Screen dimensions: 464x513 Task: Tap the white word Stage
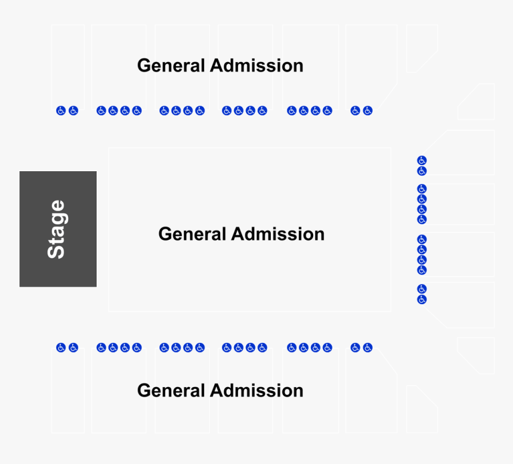(x=57, y=230)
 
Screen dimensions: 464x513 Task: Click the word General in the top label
(x=171, y=66)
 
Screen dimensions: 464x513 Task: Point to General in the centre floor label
(x=192, y=234)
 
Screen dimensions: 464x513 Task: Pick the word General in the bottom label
(x=171, y=391)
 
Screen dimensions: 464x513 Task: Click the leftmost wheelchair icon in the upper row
(x=61, y=110)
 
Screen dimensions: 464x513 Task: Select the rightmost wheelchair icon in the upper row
(x=367, y=110)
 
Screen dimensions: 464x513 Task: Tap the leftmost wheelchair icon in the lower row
(x=61, y=348)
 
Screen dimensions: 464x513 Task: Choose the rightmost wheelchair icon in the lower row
(x=367, y=348)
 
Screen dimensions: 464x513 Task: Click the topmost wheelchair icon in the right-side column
(x=422, y=160)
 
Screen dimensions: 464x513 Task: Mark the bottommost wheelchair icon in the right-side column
(x=422, y=299)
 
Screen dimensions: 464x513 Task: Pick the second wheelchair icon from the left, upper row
(x=73, y=110)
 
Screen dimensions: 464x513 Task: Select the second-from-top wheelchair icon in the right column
(x=422, y=171)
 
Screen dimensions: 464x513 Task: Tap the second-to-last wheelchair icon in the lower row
(x=356, y=348)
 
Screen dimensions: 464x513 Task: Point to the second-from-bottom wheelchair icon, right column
(x=422, y=289)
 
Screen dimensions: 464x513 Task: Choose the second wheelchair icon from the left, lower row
(x=73, y=348)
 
